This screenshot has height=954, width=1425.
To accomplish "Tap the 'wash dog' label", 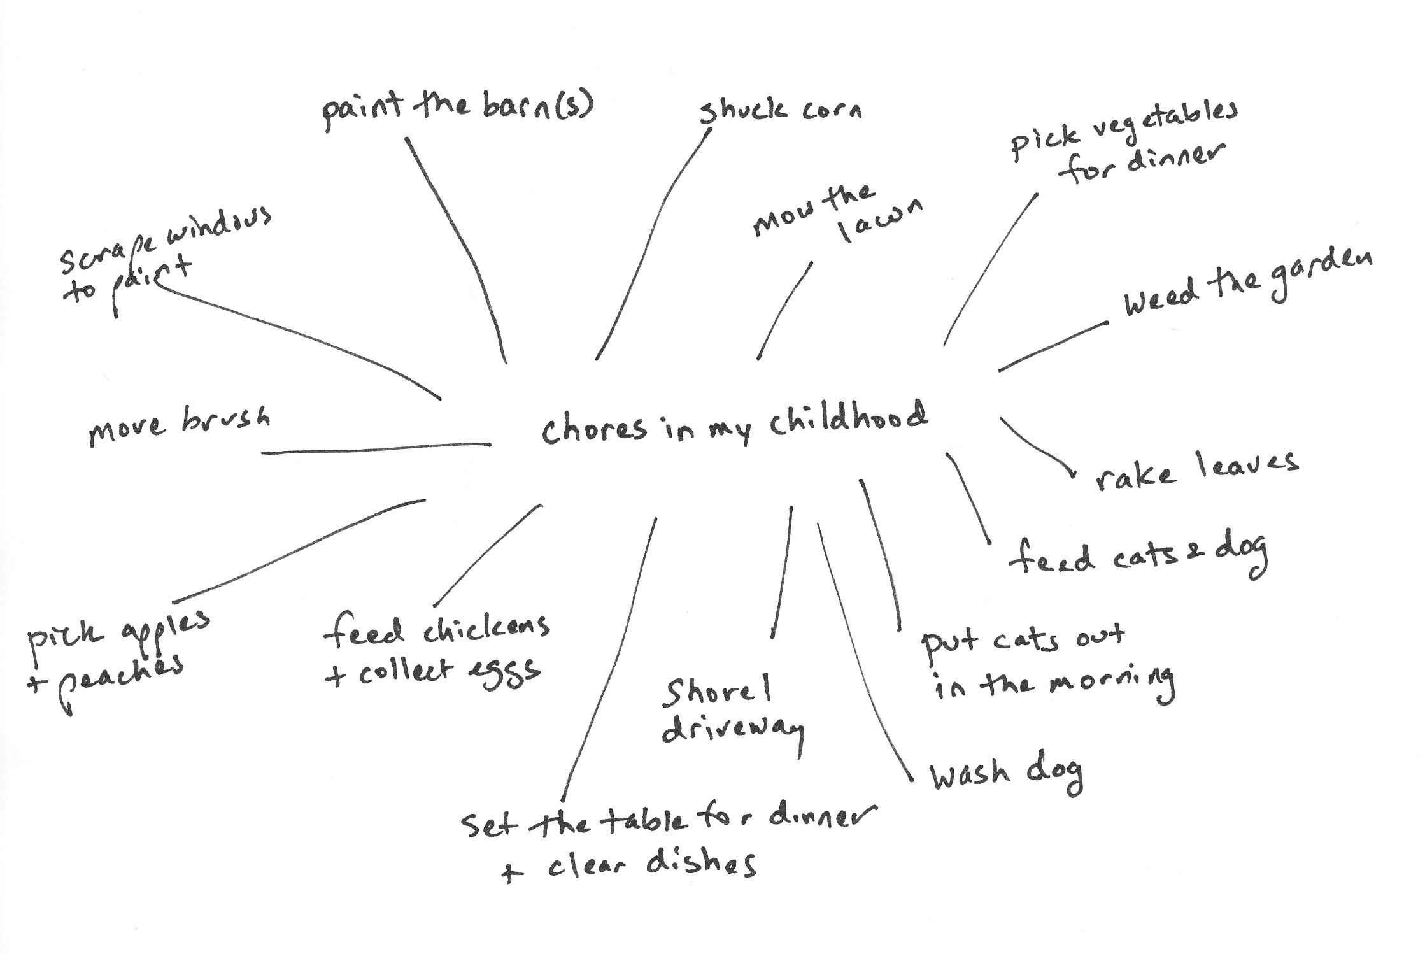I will pyautogui.click(x=1006, y=773).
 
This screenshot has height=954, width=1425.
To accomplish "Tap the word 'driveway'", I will pyautogui.click(x=732, y=732).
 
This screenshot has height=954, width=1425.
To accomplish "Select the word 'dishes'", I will pyautogui.click(x=700, y=865).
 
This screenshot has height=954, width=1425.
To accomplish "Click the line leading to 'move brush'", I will pyautogui.click(x=376, y=449).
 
